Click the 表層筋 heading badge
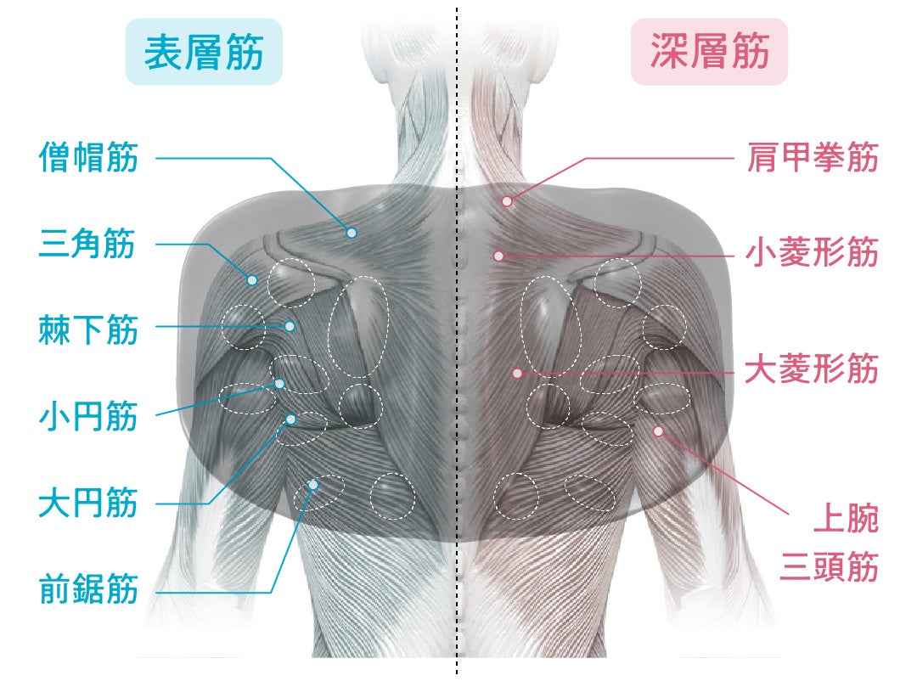click(204, 53)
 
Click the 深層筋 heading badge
click(709, 53)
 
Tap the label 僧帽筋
click(88, 158)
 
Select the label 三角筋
click(88, 245)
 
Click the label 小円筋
click(88, 417)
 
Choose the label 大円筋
click(88, 504)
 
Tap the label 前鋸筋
click(88, 589)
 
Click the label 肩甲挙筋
click(812, 158)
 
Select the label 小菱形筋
click(812, 252)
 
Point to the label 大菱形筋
click(812, 370)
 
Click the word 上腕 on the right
click(845, 519)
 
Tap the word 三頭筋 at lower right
click(828, 566)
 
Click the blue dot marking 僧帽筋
click(351, 232)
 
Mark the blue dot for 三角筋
click(252, 279)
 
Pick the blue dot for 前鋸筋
click(313, 485)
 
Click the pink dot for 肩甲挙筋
click(506, 201)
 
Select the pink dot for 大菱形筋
click(516, 373)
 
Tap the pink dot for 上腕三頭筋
click(657, 431)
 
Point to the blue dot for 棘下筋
click(290, 326)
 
